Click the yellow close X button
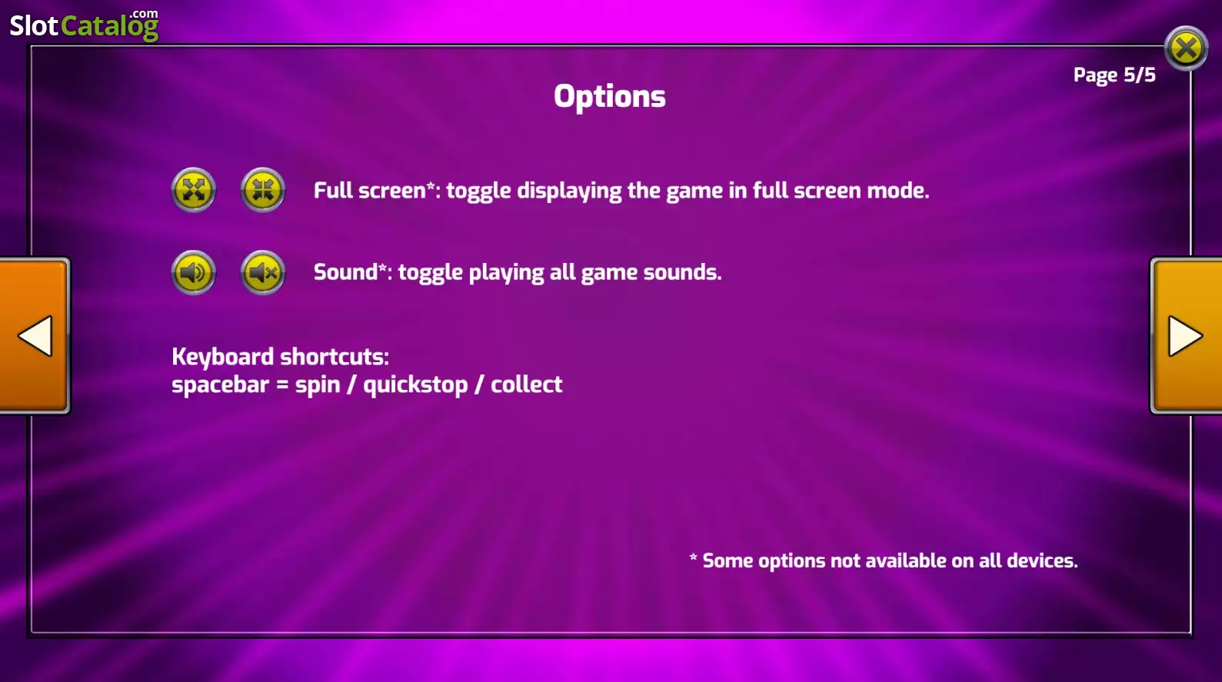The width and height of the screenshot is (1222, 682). pos(1185,48)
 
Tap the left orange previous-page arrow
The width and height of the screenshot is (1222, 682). pos(35,335)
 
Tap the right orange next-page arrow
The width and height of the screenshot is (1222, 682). pos(1186,335)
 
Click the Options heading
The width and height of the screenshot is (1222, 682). pos(609,97)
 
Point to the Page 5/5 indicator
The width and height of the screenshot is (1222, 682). pos(1114,75)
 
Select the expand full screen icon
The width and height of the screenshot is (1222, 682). pos(194,190)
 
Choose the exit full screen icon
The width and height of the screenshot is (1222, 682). pos(263,190)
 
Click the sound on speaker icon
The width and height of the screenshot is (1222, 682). pos(194,272)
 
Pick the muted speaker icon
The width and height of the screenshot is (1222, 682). pos(263,272)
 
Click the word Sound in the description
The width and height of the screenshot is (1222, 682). pos(346,271)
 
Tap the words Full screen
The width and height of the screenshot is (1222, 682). pos(370,191)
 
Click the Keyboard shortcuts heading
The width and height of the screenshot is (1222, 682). pos(281,358)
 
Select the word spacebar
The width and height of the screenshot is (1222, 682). pos(221,385)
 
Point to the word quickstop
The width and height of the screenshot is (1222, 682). pos(416,385)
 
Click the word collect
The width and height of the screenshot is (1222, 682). pos(527,384)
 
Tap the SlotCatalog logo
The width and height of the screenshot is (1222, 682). pos(84,25)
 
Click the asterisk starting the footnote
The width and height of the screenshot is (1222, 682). pos(693,557)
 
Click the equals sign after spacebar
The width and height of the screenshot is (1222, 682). pos(282,384)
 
